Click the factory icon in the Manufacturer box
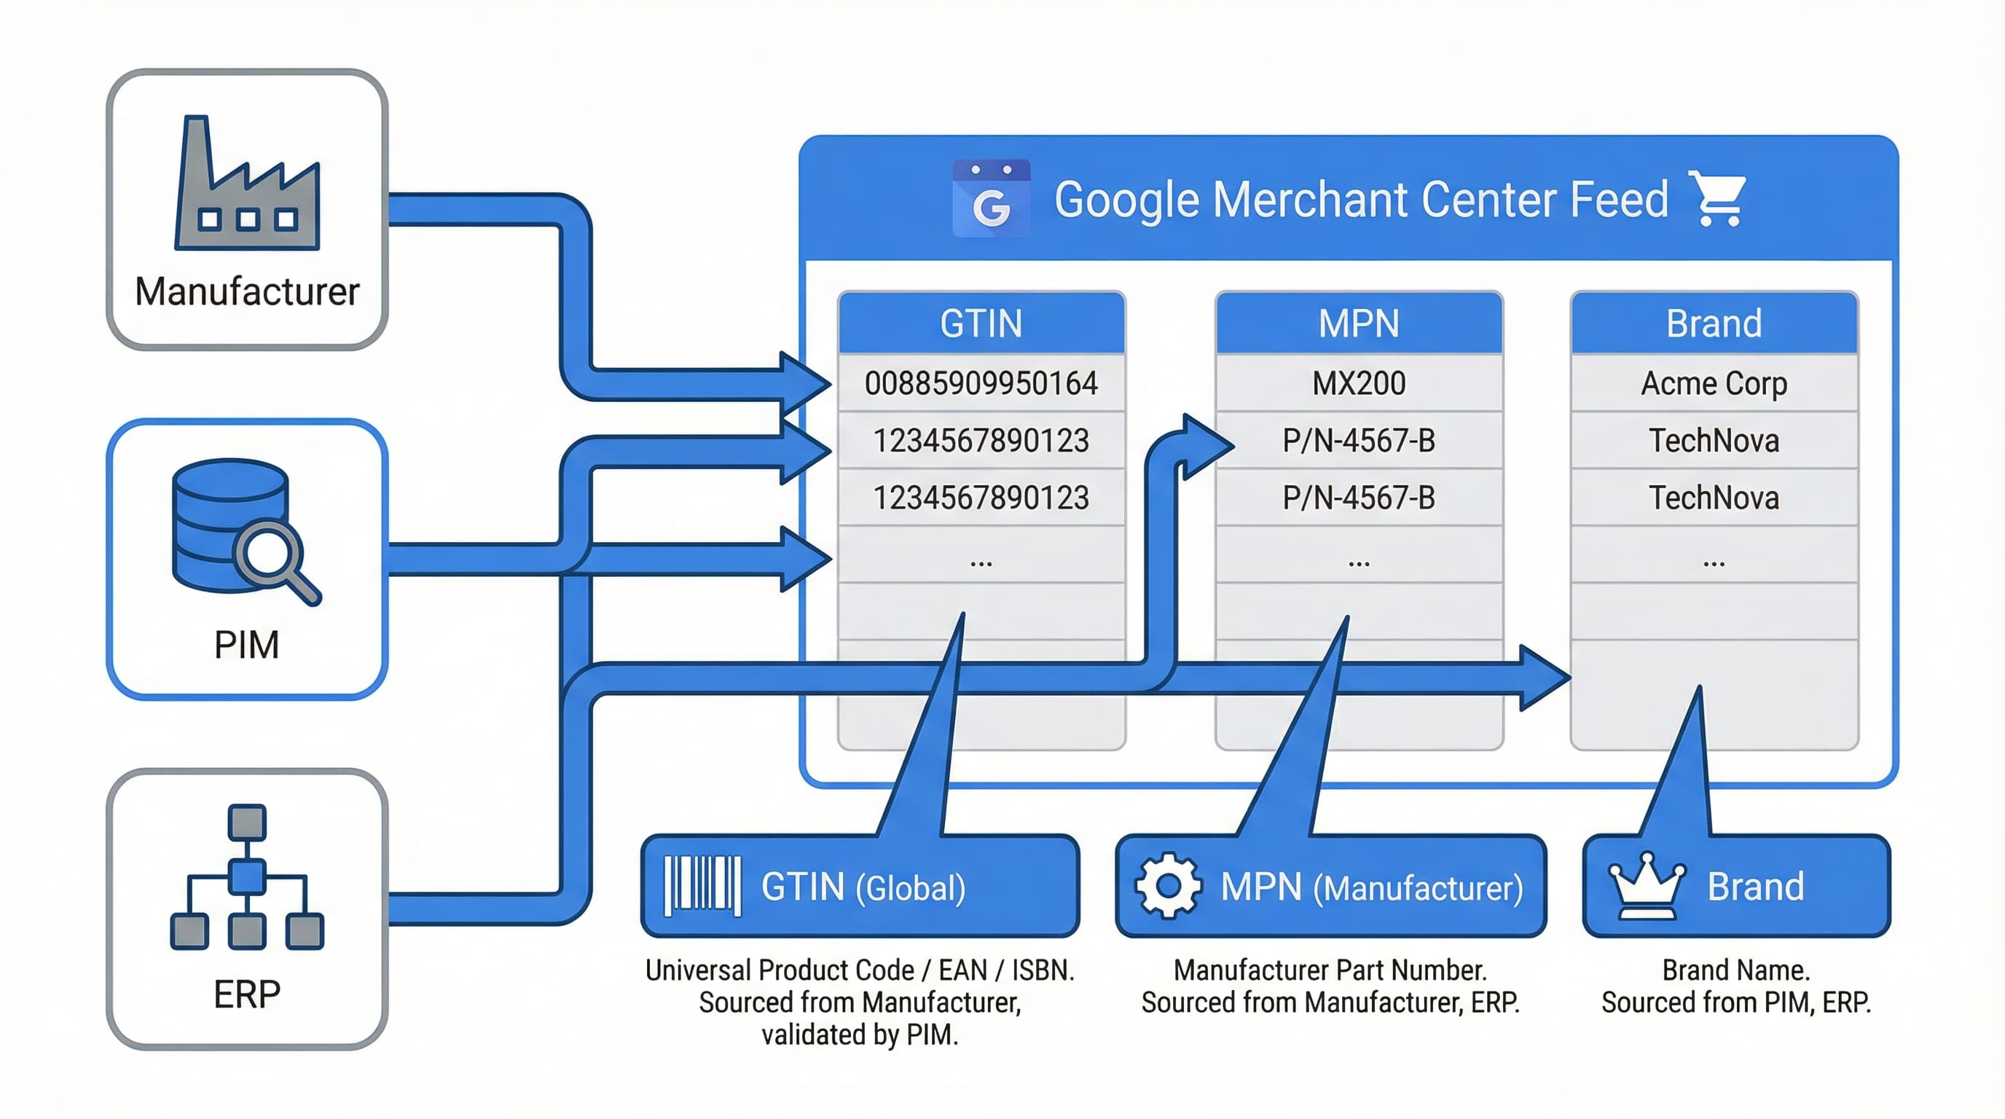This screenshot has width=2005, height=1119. (247, 186)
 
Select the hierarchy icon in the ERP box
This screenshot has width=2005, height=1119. (247, 877)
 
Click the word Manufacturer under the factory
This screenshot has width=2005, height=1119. (247, 292)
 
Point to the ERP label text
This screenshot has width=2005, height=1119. (247, 994)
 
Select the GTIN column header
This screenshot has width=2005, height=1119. (981, 323)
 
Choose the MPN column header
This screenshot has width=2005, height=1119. (1358, 323)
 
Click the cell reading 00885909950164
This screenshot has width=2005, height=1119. (981, 384)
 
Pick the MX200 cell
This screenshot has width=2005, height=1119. (1358, 384)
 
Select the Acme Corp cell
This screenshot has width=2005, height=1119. (1714, 384)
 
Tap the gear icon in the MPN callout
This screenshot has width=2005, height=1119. (1167, 886)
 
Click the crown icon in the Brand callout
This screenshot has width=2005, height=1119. (1647, 887)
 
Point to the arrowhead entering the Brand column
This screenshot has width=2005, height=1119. (1545, 678)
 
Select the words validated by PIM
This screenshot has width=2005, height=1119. (859, 1034)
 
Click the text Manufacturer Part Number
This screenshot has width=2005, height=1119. (1330, 970)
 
